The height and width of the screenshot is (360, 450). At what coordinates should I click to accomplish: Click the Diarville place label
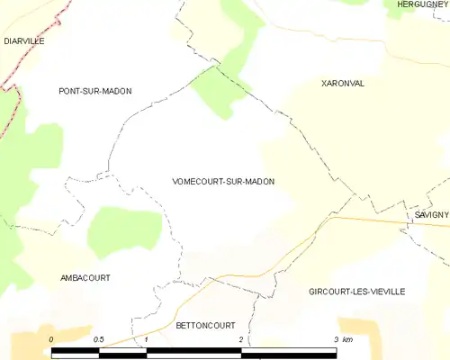[x=23, y=41]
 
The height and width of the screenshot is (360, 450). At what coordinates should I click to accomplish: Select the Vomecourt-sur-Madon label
[x=222, y=182]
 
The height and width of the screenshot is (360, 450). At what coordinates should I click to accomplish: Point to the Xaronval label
[x=342, y=83]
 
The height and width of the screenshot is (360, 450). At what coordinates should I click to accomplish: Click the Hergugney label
[x=422, y=4]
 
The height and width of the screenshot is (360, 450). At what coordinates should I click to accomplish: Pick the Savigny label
[x=431, y=216]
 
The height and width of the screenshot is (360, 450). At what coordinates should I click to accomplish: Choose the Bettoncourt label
[x=205, y=325]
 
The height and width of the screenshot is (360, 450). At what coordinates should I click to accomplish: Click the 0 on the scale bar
[x=51, y=339]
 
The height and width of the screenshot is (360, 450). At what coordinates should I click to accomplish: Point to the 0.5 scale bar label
[x=98, y=339]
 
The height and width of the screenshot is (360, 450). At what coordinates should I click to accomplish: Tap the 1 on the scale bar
[x=146, y=339]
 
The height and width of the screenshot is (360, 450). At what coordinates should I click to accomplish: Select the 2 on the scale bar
[x=241, y=339]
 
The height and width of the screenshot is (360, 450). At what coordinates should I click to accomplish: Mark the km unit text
[x=348, y=339]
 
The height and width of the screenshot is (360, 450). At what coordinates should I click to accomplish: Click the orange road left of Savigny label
[x=369, y=219]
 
